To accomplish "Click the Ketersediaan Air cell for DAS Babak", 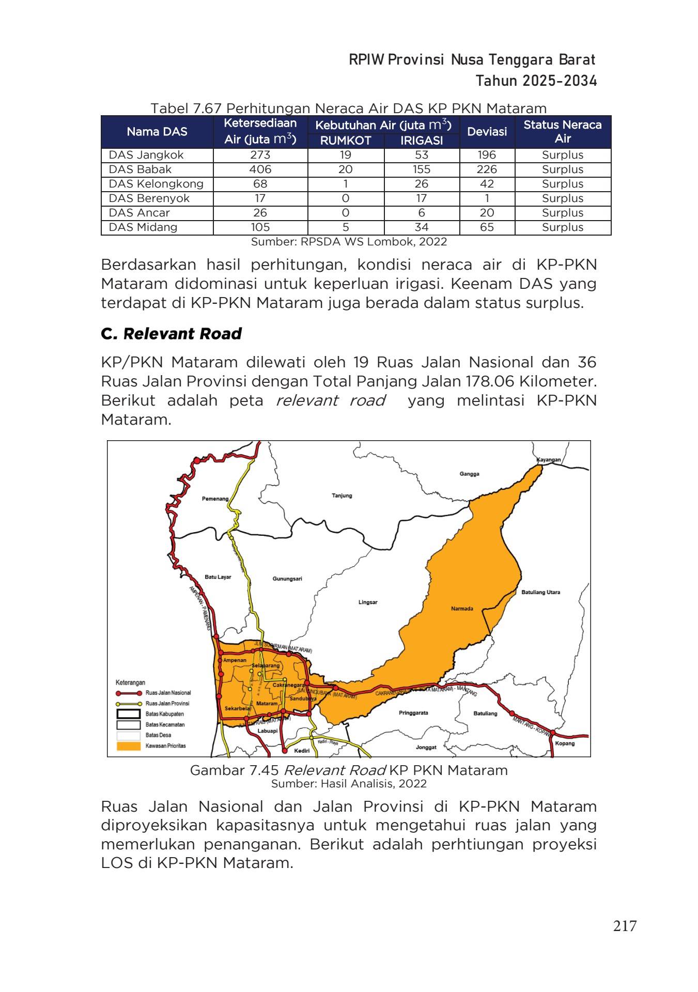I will point(260,169).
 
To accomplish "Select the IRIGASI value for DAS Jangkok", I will point(422,155).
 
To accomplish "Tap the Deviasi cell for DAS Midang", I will point(487,227).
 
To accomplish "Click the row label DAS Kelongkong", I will point(156,184).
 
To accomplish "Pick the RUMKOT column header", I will point(346,141).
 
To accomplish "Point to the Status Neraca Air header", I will point(562,131).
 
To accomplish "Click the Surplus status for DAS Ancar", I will point(562,213).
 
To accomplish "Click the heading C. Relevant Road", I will point(172,334).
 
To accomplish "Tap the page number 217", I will point(625,925).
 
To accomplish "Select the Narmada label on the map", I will point(462,609).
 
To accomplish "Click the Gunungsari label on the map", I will point(287,579).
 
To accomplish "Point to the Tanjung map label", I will point(342,495).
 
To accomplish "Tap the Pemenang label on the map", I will point(215,499).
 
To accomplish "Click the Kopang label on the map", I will point(565,743).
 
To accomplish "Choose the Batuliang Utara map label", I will point(540,592).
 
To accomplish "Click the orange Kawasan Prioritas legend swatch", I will point(129,746).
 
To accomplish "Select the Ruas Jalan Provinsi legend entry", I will point(167,704).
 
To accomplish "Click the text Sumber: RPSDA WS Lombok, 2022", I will point(349,242).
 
